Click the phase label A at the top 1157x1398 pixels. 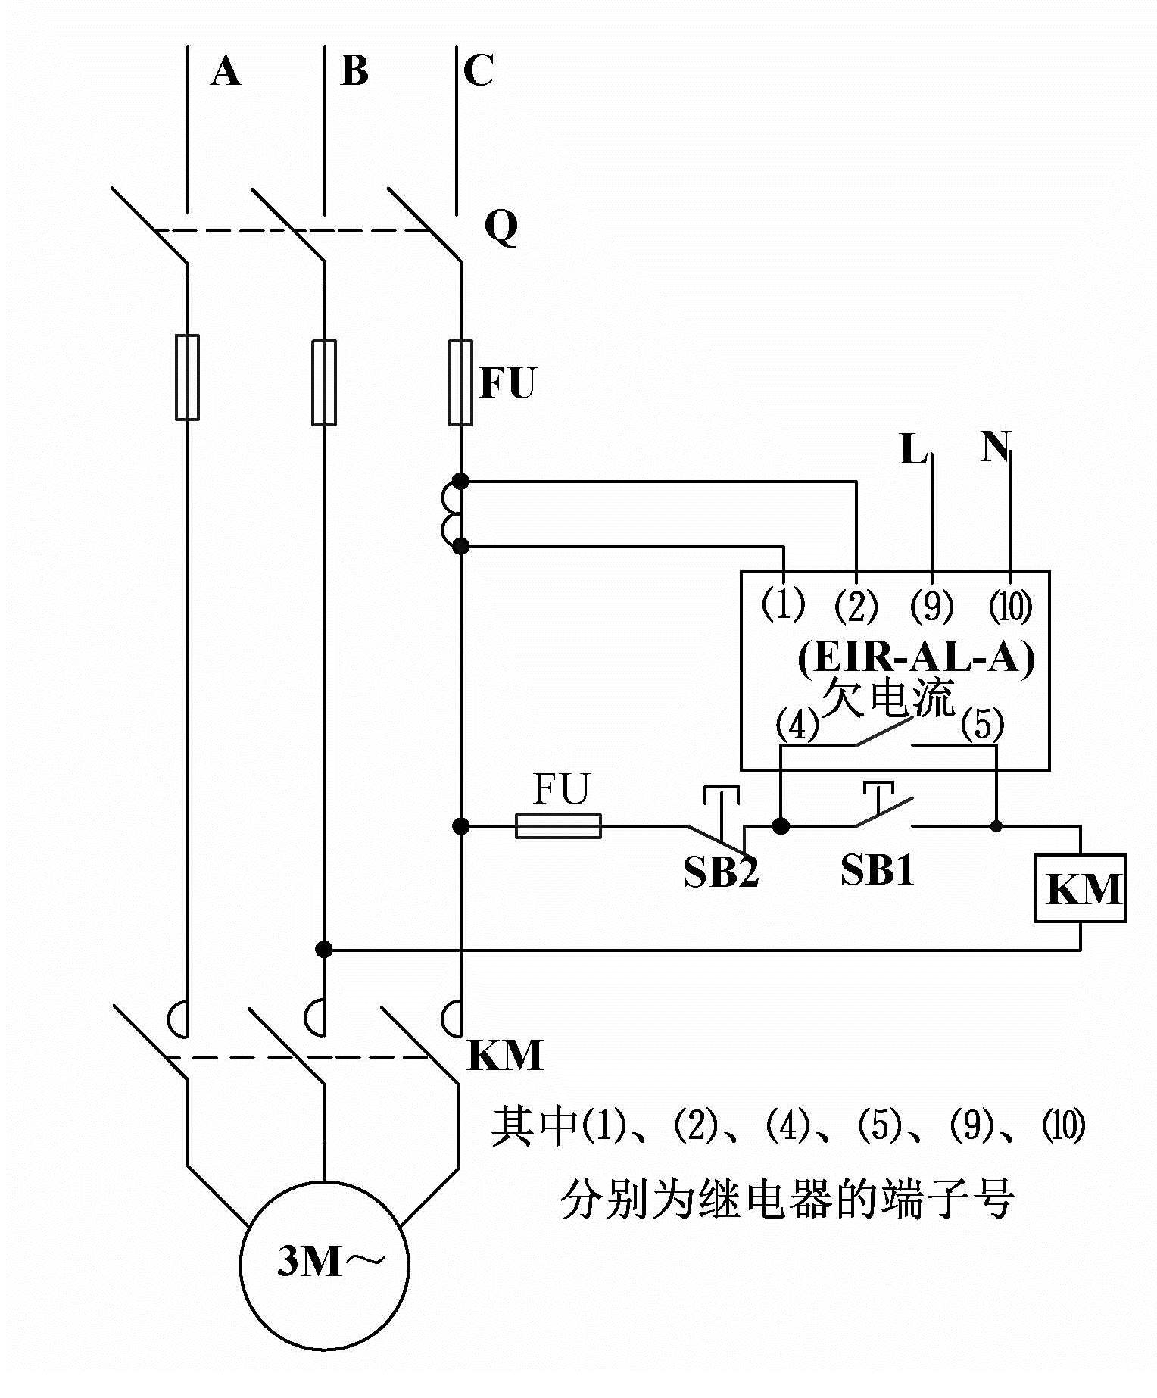pyautogui.click(x=226, y=73)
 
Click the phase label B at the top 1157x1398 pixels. pyautogui.click(x=354, y=71)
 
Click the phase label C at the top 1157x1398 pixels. pyautogui.click(x=478, y=71)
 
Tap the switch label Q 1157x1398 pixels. pyautogui.click(x=501, y=226)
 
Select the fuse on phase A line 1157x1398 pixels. pyautogui.click(x=187, y=376)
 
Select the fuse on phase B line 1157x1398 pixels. pyautogui.click(x=324, y=382)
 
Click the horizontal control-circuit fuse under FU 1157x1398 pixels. pyautogui.click(x=558, y=826)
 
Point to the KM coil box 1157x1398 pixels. pyautogui.click(x=1081, y=888)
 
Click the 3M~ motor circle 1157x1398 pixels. pyautogui.click(x=325, y=1264)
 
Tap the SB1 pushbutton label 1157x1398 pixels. pyautogui.click(x=878, y=871)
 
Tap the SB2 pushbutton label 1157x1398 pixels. pyautogui.click(x=720, y=872)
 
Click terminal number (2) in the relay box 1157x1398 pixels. pyautogui.click(x=856, y=606)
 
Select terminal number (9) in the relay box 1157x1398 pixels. pyautogui.click(x=931, y=606)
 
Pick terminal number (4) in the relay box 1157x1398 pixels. pyautogui.click(x=797, y=726)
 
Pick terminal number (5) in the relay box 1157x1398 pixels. pyautogui.click(x=982, y=726)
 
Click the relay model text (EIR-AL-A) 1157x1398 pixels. pyautogui.click(x=915, y=657)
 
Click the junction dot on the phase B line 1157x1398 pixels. pyautogui.click(x=324, y=949)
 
